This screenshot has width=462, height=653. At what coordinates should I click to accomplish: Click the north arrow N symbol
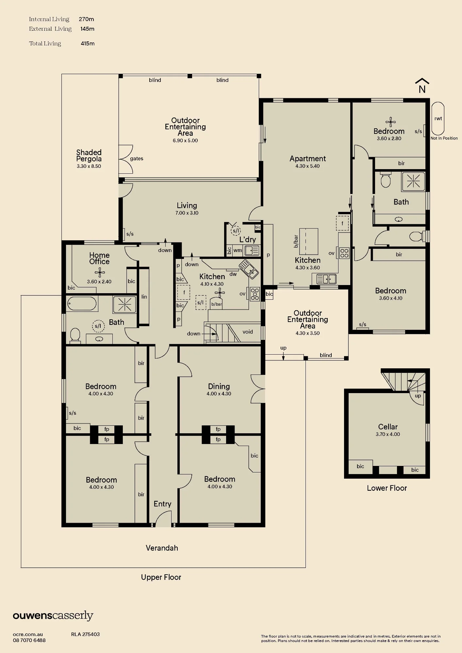tap(422, 86)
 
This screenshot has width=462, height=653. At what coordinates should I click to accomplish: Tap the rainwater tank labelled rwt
tap(438, 119)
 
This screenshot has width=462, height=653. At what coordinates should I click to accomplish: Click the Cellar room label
tap(388, 427)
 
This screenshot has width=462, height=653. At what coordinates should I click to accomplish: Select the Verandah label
tap(162, 548)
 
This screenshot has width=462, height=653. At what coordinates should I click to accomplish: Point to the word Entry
tap(162, 504)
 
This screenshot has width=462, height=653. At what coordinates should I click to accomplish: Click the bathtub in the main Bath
tap(82, 304)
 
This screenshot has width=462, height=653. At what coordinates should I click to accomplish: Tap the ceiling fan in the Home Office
tap(100, 272)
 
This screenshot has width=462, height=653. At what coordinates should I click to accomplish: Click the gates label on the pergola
tap(137, 159)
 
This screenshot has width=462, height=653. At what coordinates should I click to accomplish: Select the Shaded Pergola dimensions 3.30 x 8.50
tap(89, 166)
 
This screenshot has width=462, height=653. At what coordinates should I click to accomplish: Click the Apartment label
tap(308, 159)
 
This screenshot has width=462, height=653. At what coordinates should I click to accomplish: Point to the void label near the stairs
tap(248, 332)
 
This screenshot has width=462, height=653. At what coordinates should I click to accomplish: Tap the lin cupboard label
tap(144, 297)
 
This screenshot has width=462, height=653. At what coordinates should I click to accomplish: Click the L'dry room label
tap(247, 240)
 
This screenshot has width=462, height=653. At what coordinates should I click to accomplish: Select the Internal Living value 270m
tap(86, 19)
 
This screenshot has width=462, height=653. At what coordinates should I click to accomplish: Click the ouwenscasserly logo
tap(53, 616)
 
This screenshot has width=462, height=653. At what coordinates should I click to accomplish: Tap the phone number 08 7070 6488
tap(29, 640)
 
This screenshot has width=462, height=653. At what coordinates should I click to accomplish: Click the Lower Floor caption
tap(387, 488)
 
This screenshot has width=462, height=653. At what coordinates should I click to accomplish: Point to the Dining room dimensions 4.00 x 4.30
tap(219, 394)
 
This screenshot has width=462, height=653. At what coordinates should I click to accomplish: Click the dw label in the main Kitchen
tap(233, 274)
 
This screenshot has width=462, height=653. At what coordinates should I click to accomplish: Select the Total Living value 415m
tap(88, 43)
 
